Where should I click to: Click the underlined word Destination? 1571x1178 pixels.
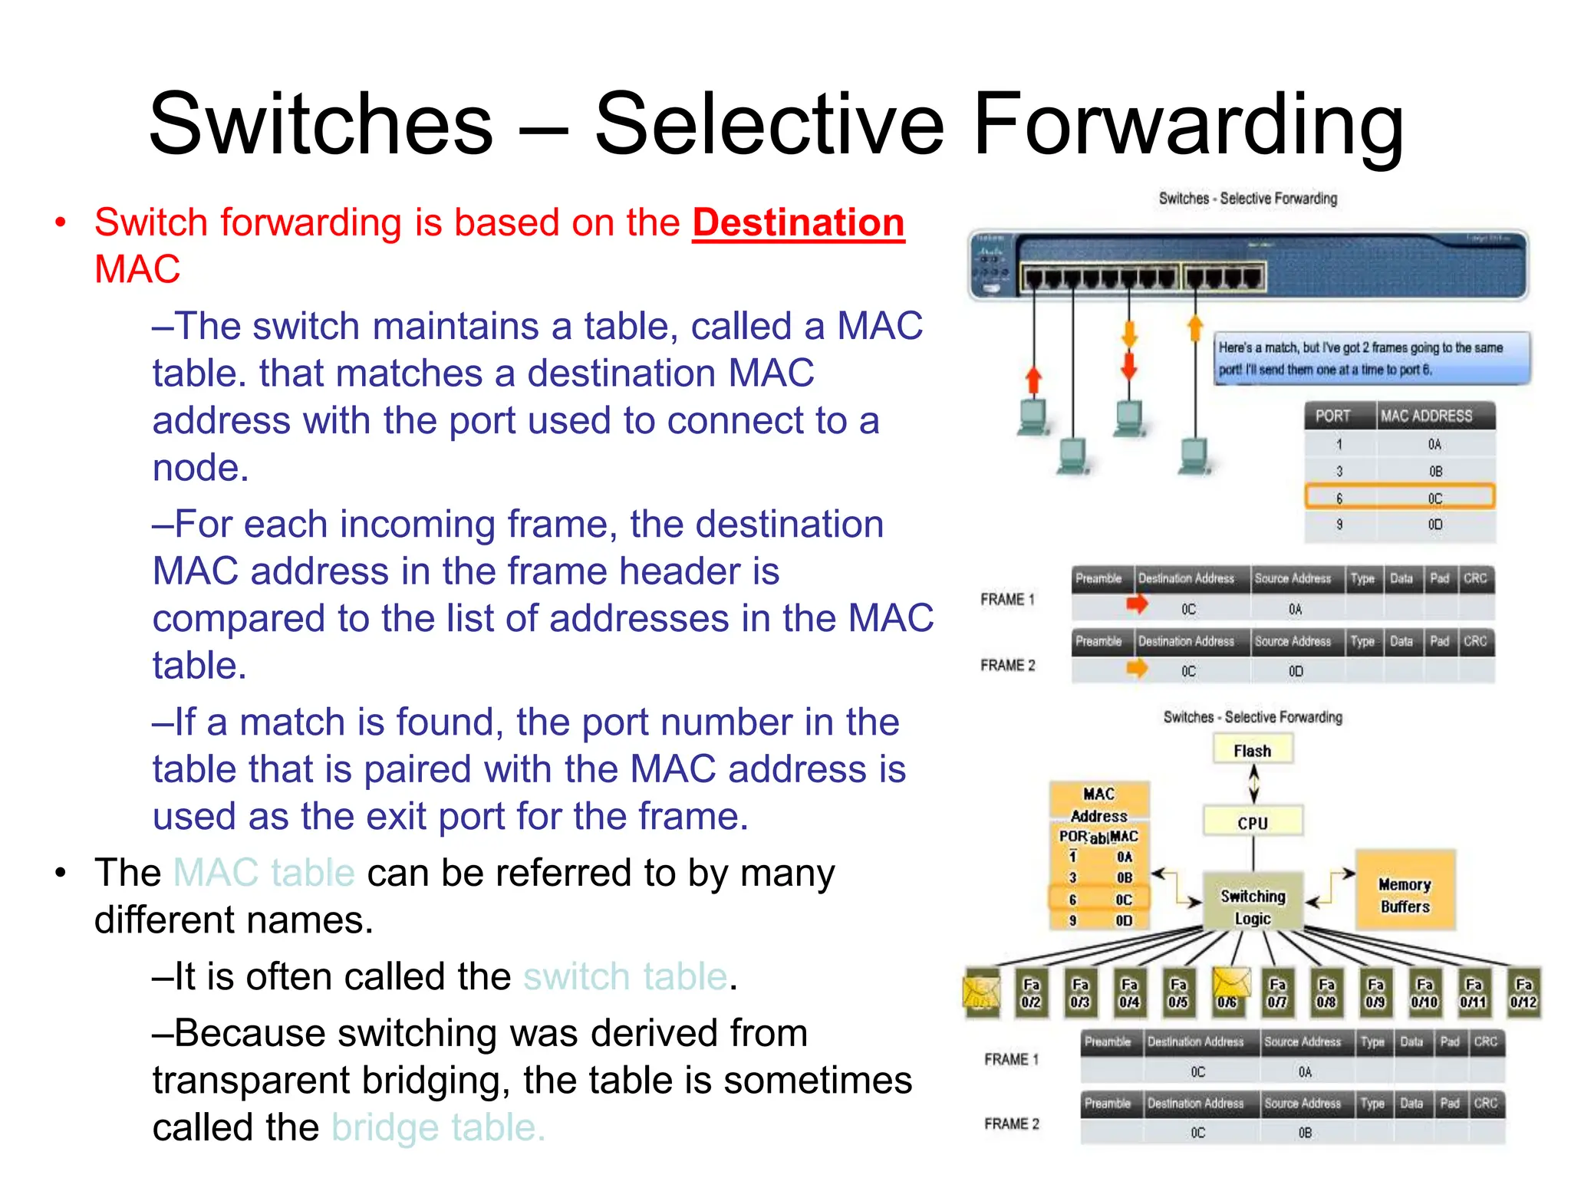(798, 223)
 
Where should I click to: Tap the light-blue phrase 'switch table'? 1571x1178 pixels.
(625, 977)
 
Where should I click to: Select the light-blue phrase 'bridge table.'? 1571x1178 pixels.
(438, 1127)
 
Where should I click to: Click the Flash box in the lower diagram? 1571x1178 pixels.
(1253, 750)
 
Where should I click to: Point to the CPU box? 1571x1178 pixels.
(1253, 822)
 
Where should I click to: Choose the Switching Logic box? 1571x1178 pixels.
(1253, 907)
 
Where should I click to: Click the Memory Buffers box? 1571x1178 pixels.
(1405, 895)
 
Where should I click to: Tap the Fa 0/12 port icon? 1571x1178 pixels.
(1523, 993)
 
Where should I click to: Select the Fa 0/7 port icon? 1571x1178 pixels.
(1277, 993)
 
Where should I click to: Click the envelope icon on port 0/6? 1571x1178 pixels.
(1230, 984)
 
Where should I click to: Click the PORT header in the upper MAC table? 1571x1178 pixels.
(1332, 416)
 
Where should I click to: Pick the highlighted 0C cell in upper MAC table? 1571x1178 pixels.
(1434, 499)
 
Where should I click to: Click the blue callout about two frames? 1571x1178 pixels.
(1371, 358)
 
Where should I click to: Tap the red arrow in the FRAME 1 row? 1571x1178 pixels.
(1137, 605)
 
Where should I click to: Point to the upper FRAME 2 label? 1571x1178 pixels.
(1007, 665)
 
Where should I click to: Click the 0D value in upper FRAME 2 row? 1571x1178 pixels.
(1296, 671)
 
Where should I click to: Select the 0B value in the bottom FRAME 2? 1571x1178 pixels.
(1305, 1132)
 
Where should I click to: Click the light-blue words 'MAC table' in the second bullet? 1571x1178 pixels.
(264, 873)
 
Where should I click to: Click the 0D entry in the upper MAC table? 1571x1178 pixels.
(1434, 525)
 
